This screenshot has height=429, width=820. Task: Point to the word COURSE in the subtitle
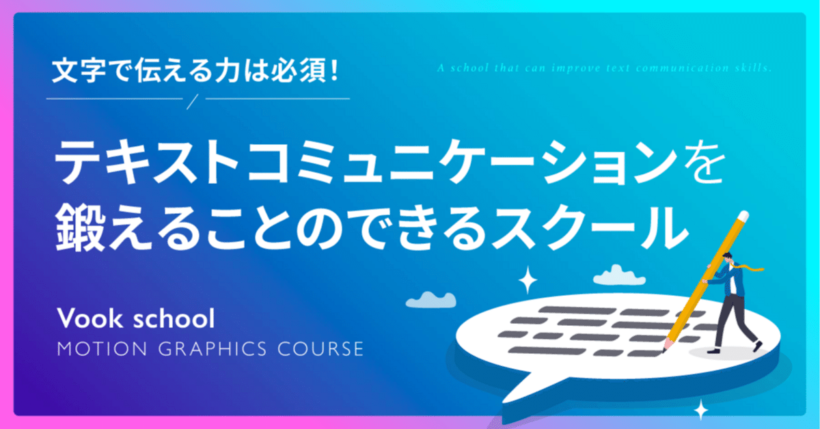(324, 349)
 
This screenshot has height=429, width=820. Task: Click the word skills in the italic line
(754, 68)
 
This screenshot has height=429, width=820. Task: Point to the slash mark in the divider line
(191, 100)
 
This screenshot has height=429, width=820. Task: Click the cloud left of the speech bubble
(430, 299)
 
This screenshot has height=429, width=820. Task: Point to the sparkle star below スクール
(528, 279)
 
